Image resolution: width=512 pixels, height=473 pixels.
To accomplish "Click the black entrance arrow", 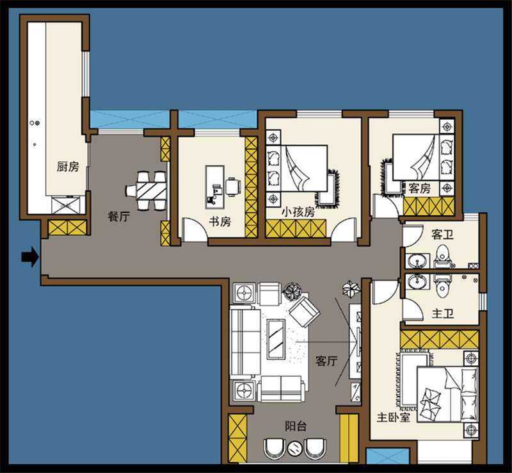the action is [x=30, y=257].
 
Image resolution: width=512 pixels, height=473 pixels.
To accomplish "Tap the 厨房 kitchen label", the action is [x=68, y=167].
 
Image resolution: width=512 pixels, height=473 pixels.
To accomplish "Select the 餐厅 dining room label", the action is [x=119, y=216].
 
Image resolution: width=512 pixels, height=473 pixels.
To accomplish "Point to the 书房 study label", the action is [x=220, y=222].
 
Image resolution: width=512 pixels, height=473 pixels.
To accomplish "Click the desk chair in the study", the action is [x=233, y=187].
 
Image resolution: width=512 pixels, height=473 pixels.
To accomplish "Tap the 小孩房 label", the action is [x=298, y=212].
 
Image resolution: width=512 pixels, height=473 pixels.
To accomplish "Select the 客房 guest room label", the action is [x=420, y=188].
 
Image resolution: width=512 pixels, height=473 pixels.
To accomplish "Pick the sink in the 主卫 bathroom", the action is [x=417, y=281].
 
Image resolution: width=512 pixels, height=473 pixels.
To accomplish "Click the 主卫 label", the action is [x=443, y=314].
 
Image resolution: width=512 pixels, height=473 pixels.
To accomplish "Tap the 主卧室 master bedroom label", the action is [x=393, y=417].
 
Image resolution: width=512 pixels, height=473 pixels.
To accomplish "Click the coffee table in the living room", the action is [x=276, y=339].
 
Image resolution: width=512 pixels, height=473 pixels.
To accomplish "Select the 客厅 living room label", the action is [x=326, y=361].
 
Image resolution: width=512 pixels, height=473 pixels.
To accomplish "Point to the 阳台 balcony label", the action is [x=296, y=426].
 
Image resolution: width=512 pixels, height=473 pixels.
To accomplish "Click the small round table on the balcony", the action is [x=295, y=448].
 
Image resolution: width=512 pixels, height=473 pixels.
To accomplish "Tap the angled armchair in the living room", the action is [x=305, y=311].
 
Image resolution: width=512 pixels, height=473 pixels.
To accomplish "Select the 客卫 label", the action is [x=442, y=234].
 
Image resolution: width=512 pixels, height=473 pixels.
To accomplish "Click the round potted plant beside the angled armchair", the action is [x=293, y=290].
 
